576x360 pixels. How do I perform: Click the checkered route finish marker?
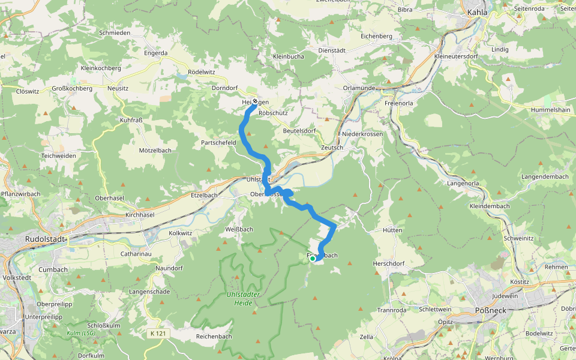pyautogui.click(x=255, y=101)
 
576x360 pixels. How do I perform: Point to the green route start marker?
pyautogui.click(x=313, y=258)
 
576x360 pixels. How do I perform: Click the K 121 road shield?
pyautogui.click(x=158, y=333)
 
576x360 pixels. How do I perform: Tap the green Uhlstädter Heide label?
pyautogui.click(x=244, y=299)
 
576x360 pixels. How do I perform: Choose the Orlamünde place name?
pyautogui.click(x=359, y=88)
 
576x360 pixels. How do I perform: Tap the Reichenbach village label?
pyautogui.click(x=214, y=337)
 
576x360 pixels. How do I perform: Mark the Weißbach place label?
pyautogui.click(x=239, y=229)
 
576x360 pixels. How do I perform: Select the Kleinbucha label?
pyautogui.click(x=288, y=56)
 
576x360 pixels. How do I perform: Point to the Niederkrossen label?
pyautogui.click(x=362, y=134)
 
